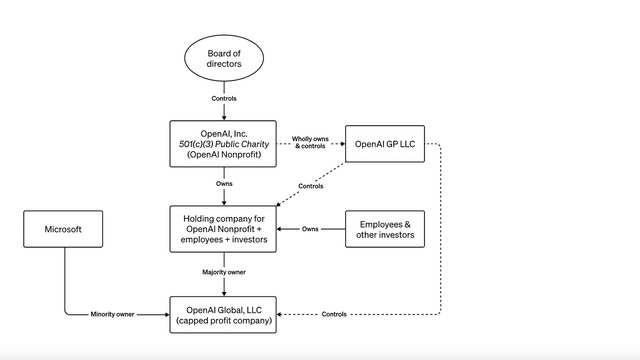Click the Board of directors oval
pyautogui.click(x=224, y=60)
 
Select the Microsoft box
pyautogui.click(x=65, y=229)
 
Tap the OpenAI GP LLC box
pyautogui.click(x=384, y=144)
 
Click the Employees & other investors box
pyautogui.click(x=386, y=229)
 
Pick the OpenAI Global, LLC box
pyautogui.click(x=224, y=314)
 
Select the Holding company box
pyautogui.click(x=224, y=229)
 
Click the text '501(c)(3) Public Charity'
pyautogui.click(x=224, y=144)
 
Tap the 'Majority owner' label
pyautogui.click(x=224, y=272)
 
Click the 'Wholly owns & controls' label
pyautogui.click(x=311, y=143)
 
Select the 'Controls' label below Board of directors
pyautogui.click(x=224, y=98)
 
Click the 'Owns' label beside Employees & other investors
pyautogui.click(x=310, y=229)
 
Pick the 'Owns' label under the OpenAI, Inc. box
pyautogui.click(x=224, y=184)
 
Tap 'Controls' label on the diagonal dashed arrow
pyautogui.click(x=311, y=186)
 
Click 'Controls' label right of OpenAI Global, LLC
pyautogui.click(x=335, y=314)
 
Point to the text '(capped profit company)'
pyautogui.click(x=224, y=321)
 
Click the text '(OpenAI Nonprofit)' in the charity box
pyautogui.click(x=224, y=156)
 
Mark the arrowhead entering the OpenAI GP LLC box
pyautogui.click(x=340, y=144)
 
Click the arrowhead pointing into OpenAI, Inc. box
pyautogui.click(x=224, y=117)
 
